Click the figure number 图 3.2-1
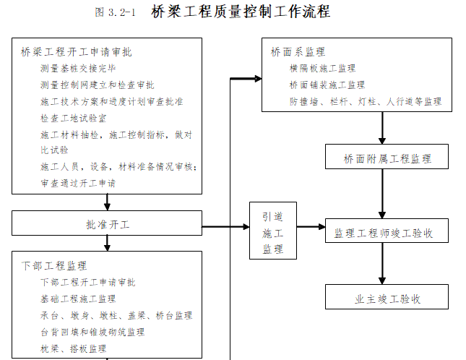(115, 12)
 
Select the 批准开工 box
(107, 224)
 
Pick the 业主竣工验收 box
(388, 298)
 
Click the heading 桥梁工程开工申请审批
(77, 52)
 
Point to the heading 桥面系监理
(298, 52)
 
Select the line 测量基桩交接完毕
(78, 69)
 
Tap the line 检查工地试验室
(74, 118)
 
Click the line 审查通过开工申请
(78, 184)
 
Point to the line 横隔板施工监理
(322, 69)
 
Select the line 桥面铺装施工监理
(327, 85)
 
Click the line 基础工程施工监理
(78, 299)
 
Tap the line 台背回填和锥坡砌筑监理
(92, 332)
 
